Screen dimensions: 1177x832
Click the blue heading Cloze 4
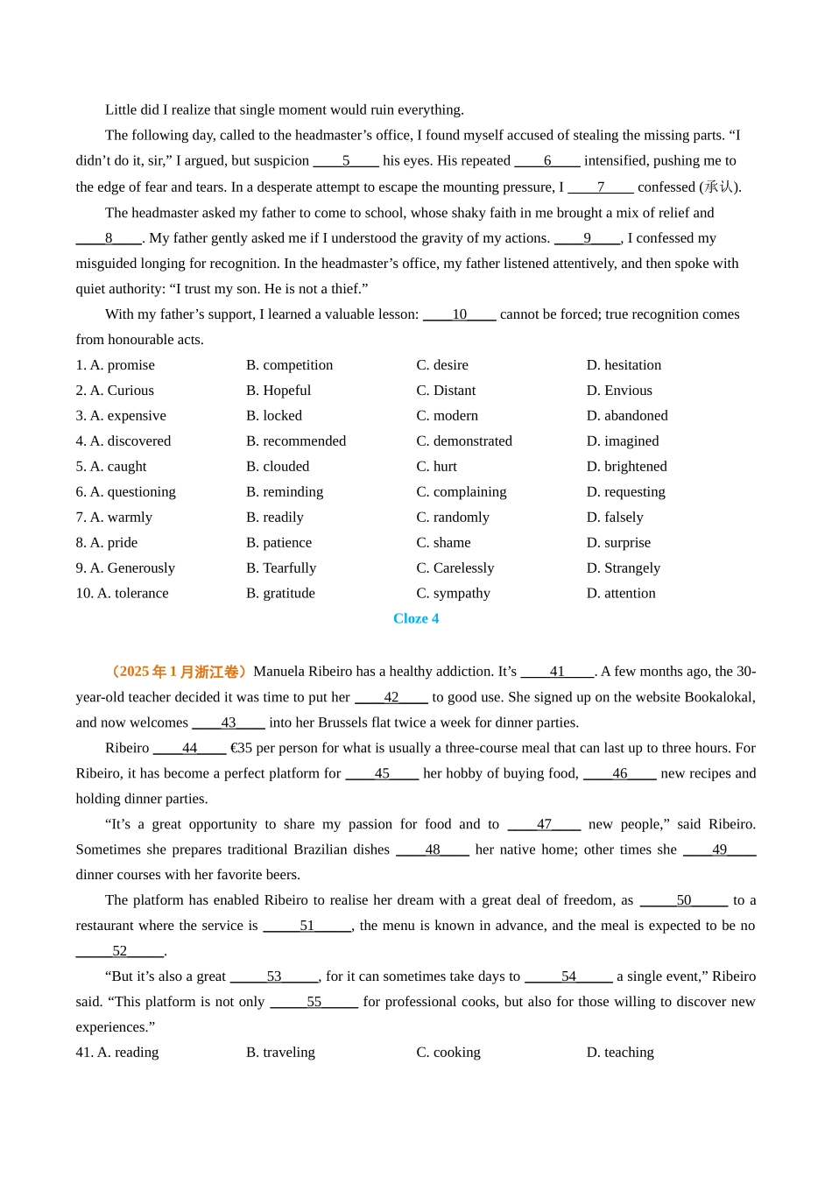[x=416, y=618]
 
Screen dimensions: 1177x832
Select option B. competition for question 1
[x=289, y=365]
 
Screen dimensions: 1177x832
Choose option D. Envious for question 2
[x=619, y=391]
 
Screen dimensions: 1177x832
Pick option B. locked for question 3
[x=273, y=416]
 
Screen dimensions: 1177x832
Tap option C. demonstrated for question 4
[x=464, y=441]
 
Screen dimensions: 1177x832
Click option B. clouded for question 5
[x=278, y=467]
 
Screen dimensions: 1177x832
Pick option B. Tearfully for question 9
[x=281, y=568]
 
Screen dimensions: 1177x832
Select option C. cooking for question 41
[x=448, y=1053]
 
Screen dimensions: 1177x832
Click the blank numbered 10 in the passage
[x=460, y=314]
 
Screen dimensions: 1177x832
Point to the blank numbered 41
[x=557, y=672]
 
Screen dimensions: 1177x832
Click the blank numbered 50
[x=684, y=900]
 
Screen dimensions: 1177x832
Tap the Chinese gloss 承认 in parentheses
[x=719, y=187]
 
